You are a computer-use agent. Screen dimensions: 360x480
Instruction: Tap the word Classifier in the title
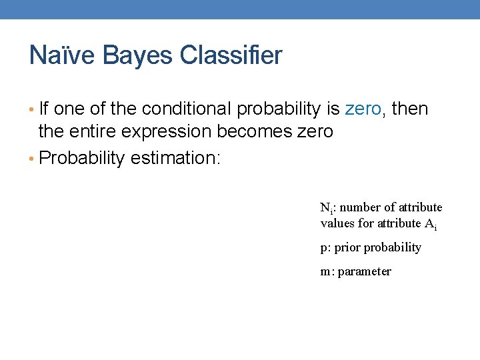point(231,55)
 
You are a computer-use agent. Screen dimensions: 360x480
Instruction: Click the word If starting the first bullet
point(45,109)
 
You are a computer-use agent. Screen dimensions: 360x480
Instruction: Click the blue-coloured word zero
point(363,109)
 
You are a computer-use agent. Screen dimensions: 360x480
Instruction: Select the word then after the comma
point(409,109)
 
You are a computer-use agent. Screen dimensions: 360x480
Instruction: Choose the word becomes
point(257,132)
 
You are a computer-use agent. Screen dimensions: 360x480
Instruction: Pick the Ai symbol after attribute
point(430,224)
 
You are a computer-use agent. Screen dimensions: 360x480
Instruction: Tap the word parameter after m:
point(365,272)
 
